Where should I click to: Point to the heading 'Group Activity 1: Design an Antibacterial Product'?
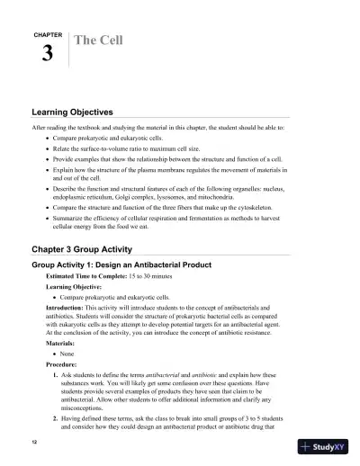coord(121,264)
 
